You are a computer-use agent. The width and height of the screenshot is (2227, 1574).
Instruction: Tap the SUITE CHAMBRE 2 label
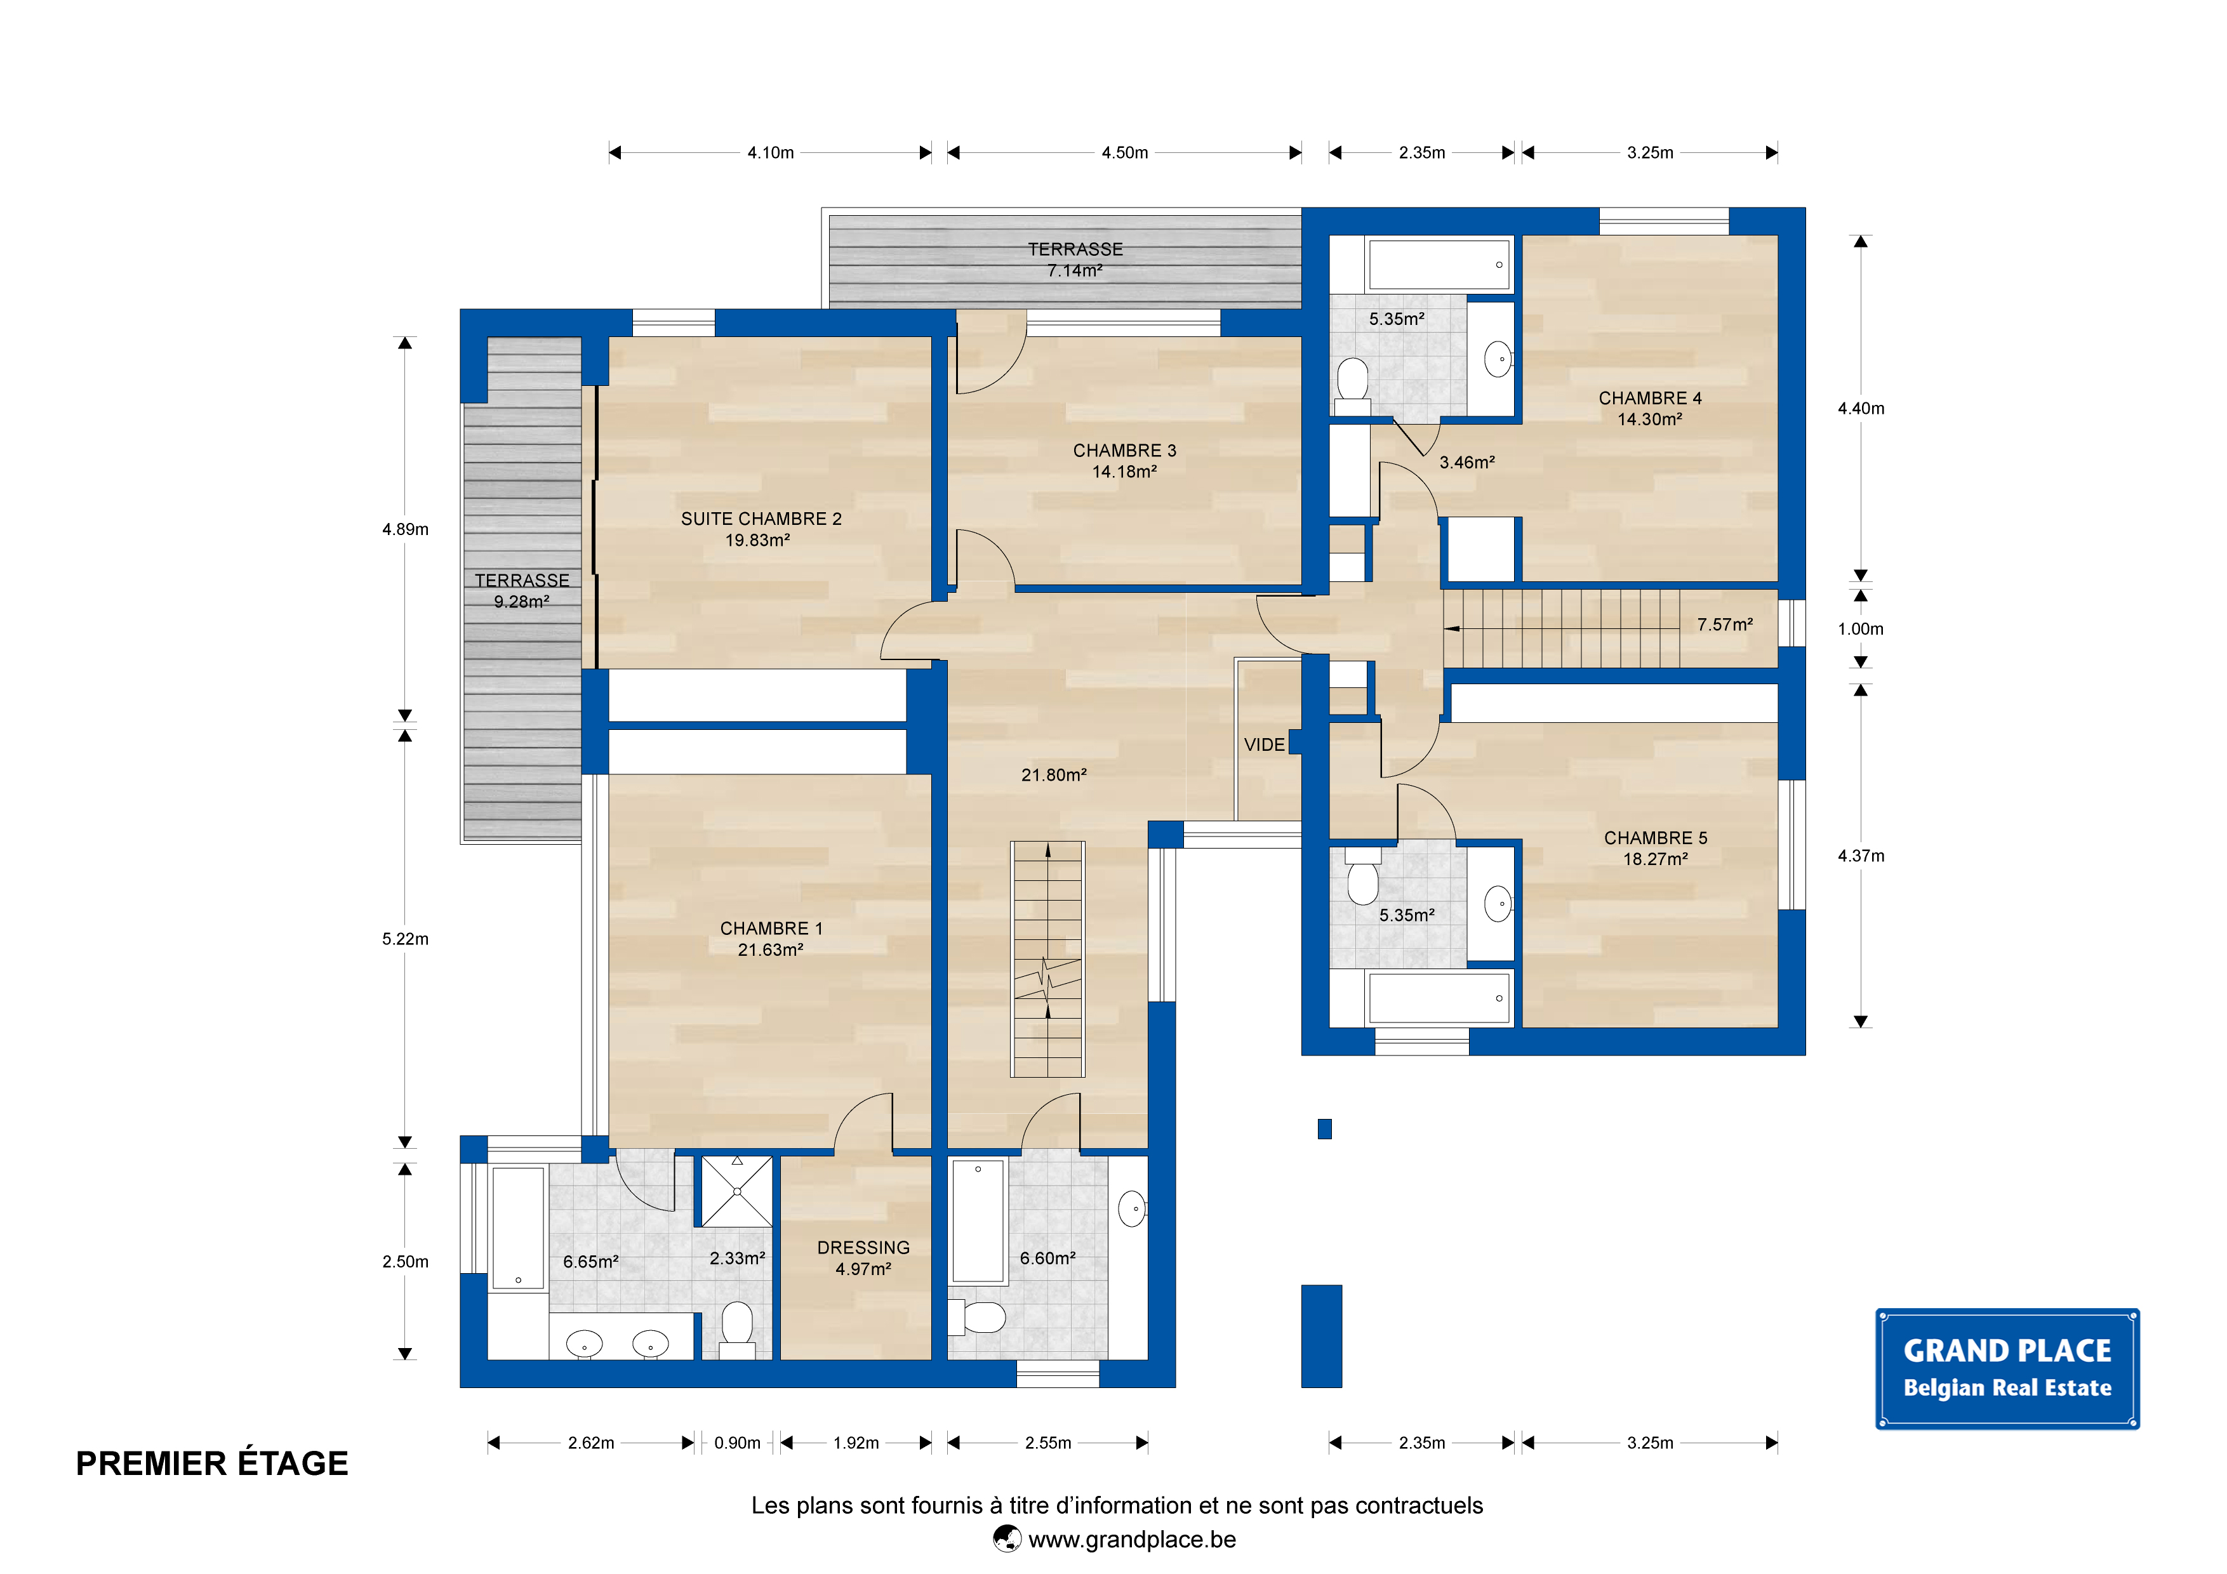click(761, 519)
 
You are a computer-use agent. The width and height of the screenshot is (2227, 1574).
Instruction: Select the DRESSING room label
click(863, 1247)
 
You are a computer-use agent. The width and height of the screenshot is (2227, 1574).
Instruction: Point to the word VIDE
click(1264, 745)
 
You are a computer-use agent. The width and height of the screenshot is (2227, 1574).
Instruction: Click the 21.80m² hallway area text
click(1053, 775)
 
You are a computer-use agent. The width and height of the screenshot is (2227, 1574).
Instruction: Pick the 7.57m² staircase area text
click(1725, 625)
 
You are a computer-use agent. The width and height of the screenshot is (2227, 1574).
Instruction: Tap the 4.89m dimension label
click(404, 529)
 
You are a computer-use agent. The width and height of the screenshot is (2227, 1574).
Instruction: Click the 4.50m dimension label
click(1124, 152)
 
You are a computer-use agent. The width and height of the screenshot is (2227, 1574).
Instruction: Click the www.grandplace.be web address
click(1132, 1539)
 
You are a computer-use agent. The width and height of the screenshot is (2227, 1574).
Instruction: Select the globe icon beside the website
click(1007, 1539)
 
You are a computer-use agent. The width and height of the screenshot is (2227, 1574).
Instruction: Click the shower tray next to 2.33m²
click(737, 1191)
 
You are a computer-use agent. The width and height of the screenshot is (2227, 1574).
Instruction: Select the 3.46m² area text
click(1466, 463)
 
